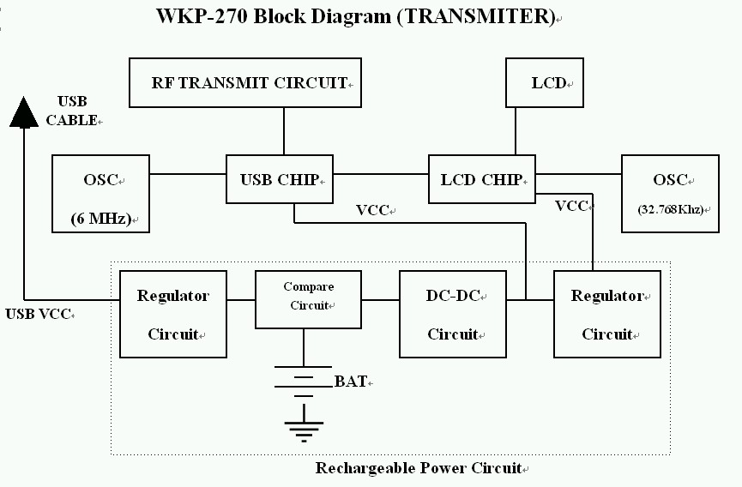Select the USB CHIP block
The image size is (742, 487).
[279, 179]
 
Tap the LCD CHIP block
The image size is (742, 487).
[481, 179]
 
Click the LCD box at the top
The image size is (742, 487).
[544, 83]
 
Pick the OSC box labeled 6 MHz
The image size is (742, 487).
[100, 194]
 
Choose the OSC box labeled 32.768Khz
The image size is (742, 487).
[670, 194]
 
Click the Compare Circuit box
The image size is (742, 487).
[308, 299]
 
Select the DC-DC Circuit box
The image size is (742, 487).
[453, 313]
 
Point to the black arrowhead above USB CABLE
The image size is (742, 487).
[25, 112]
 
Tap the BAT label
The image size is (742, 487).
[351, 381]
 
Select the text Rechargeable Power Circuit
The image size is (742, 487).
[419, 468]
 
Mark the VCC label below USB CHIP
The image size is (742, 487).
[372, 210]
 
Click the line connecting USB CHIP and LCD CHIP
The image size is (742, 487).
[380, 175]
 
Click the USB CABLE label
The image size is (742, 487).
[72, 111]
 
